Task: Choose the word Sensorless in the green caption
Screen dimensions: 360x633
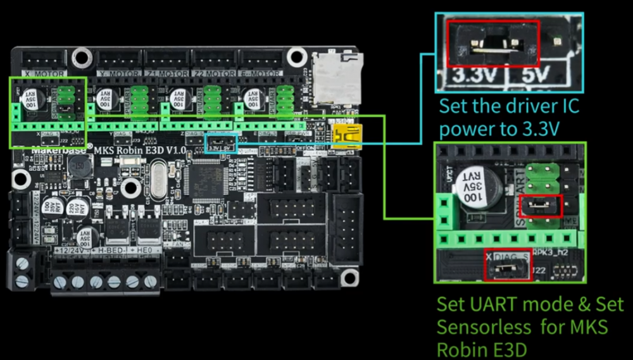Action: [x=484, y=326]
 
